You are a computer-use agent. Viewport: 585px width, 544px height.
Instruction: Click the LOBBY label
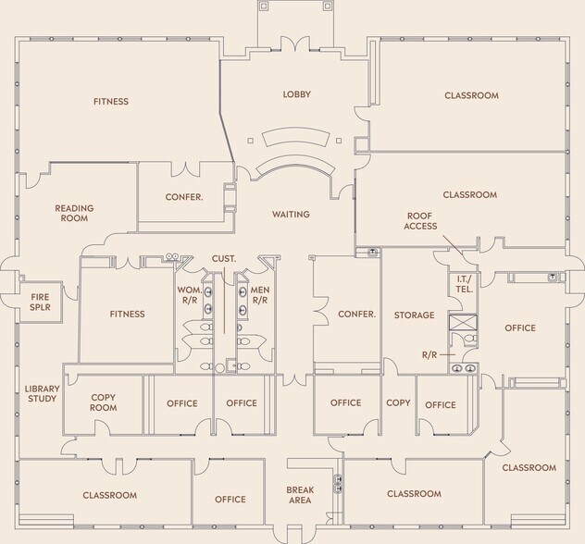point(296,94)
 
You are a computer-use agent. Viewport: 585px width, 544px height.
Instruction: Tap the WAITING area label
point(291,215)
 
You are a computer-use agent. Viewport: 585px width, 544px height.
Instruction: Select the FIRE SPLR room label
point(41,303)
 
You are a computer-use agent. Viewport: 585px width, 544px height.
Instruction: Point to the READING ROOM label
point(74,214)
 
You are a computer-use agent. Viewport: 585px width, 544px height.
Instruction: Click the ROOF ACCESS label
point(420,221)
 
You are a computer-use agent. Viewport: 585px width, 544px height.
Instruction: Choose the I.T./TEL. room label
point(464,284)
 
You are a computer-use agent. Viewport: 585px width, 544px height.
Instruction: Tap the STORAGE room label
point(414,315)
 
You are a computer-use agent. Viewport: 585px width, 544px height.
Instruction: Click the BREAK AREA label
point(300,495)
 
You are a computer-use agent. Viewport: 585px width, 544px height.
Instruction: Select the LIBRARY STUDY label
point(42,394)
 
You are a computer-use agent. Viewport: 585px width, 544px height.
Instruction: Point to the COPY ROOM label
point(104,402)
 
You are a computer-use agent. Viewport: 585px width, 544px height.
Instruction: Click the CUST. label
point(224,259)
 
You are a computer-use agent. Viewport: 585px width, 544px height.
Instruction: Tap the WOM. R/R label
point(190,295)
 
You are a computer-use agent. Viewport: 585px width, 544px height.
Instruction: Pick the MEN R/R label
point(260,295)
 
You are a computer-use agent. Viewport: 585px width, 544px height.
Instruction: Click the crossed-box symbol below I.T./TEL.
point(463,322)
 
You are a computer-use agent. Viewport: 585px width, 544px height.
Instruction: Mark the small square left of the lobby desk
point(250,141)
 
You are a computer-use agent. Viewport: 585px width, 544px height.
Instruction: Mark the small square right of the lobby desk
point(339,141)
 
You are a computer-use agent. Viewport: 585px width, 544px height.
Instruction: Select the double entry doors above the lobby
point(295,43)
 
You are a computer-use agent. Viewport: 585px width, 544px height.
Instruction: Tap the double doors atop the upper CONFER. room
point(185,169)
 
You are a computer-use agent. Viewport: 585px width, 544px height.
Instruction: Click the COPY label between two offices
point(398,402)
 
